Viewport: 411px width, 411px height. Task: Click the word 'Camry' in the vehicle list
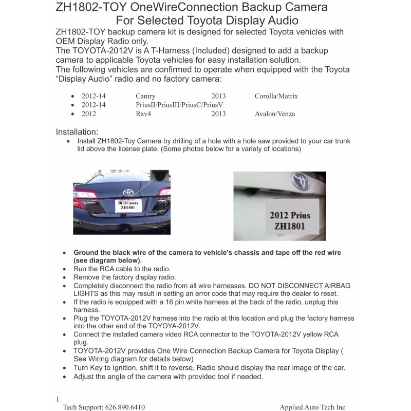click(145, 96)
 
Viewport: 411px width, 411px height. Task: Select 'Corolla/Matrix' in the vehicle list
click(276, 96)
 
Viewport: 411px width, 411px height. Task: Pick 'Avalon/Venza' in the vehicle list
click(275, 114)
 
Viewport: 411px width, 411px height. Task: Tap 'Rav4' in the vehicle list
click(143, 114)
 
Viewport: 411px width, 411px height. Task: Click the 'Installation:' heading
click(77, 132)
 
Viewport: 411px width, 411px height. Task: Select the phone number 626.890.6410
click(125, 407)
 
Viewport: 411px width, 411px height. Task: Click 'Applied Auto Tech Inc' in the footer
click(312, 407)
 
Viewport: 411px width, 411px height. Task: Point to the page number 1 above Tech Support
click(57, 399)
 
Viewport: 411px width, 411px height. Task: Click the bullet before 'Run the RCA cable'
click(64, 269)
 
